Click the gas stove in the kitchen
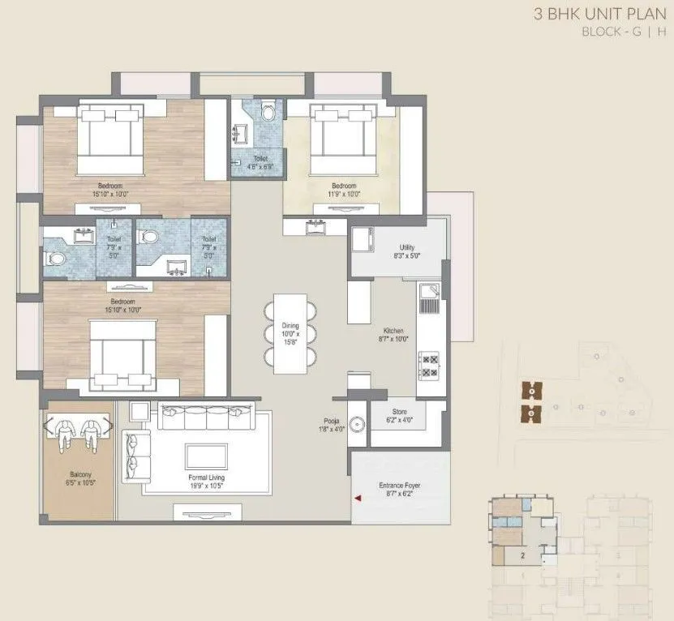pos(428,366)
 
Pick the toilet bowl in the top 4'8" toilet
pos(269,113)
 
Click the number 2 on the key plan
pos(524,555)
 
